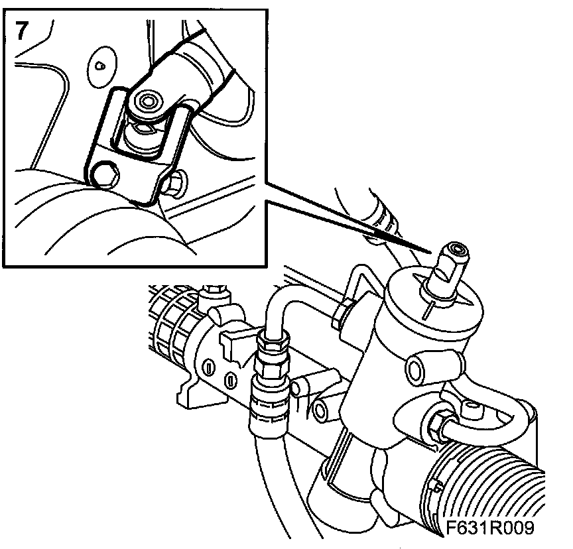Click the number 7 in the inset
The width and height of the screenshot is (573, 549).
pyautogui.click(x=22, y=30)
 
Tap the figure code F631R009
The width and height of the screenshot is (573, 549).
pyautogui.click(x=490, y=527)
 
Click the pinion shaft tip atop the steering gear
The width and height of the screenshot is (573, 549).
pyautogui.click(x=456, y=251)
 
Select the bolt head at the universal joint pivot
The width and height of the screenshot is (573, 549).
pyautogui.click(x=147, y=101)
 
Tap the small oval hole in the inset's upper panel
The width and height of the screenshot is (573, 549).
pyautogui.click(x=99, y=66)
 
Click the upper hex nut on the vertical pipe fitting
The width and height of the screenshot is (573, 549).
pyautogui.click(x=271, y=339)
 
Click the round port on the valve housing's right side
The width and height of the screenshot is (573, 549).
pyautogui.click(x=416, y=371)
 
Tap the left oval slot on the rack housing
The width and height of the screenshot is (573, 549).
pyautogui.click(x=209, y=367)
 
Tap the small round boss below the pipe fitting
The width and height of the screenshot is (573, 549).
pyautogui.click(x=320, y=411)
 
